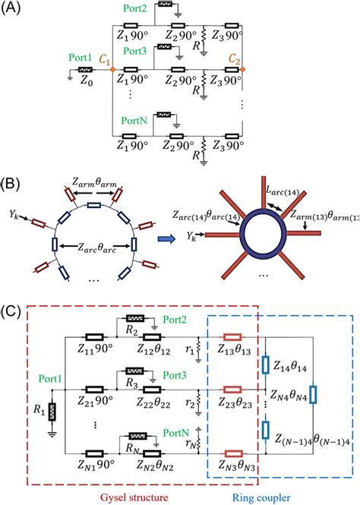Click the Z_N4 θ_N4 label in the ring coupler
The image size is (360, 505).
point(288,396)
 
